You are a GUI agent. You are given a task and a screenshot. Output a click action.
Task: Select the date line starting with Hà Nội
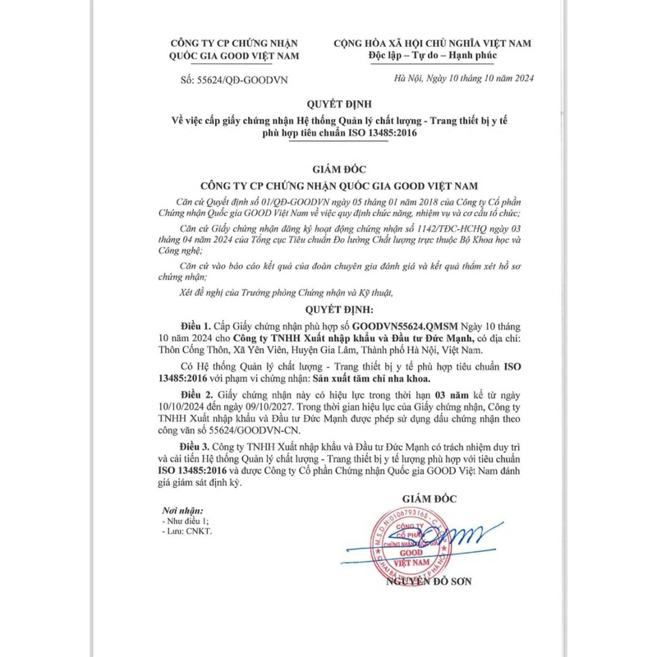click(x=464, y=78)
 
